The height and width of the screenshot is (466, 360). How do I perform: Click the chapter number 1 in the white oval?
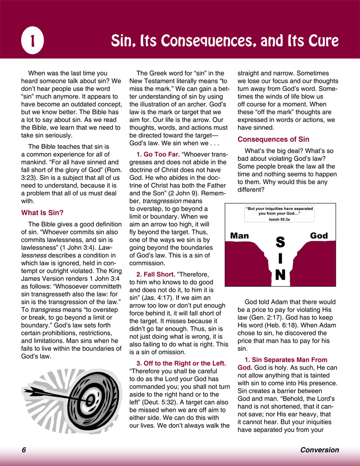tap(32, 41)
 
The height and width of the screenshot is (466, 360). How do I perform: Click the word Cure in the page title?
tap(321, 41)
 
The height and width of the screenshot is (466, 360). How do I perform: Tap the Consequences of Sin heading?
tap(273, 139)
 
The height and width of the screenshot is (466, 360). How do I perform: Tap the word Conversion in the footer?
tap(319, 450)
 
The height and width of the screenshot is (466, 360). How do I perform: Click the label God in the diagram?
tap(319, 235)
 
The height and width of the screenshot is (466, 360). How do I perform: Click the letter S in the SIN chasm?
tap(280, 242)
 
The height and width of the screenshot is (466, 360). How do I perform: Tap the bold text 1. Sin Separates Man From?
tap(286, 359)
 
